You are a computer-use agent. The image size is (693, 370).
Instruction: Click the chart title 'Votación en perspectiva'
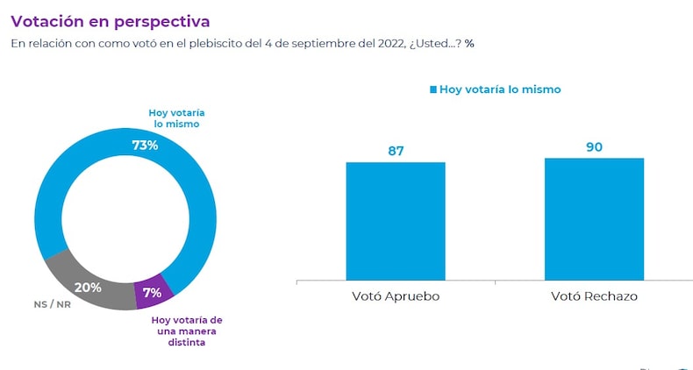click(110, 18)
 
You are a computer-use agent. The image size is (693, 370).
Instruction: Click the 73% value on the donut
click(145, 145)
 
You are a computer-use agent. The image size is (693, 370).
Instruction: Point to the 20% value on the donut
click(88, 287)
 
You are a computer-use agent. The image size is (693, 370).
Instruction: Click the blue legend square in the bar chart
click(432, 89)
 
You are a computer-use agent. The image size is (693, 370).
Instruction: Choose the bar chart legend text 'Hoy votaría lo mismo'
click(499, 89)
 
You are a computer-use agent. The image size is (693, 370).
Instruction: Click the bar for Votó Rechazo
click(594, 219)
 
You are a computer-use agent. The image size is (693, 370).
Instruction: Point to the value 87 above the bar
click(396, 150)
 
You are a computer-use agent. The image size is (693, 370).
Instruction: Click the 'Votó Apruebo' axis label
click(396, 296)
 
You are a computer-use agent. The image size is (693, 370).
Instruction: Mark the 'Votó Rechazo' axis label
click(594, 296)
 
